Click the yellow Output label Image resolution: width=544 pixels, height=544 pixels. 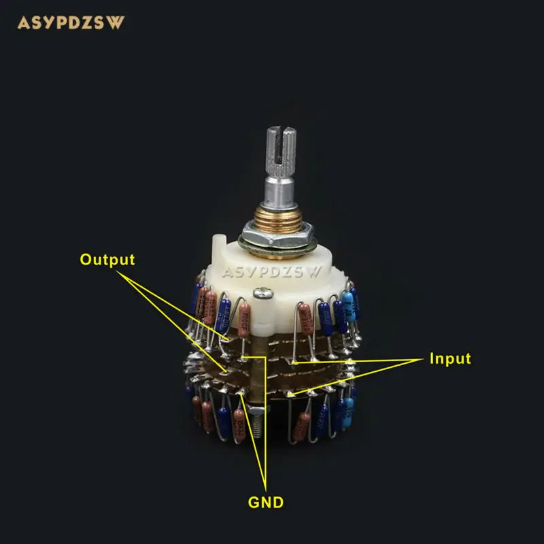[107, 260]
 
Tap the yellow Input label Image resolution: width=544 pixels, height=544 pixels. [449, 358]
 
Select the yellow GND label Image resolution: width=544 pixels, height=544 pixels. [265, 503]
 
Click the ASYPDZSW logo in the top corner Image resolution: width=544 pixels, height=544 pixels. [71, 22]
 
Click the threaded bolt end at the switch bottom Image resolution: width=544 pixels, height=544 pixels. [256, 425]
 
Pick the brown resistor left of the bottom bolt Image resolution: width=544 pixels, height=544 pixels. [239, 425]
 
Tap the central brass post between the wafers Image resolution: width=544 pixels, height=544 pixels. [261, 381]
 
